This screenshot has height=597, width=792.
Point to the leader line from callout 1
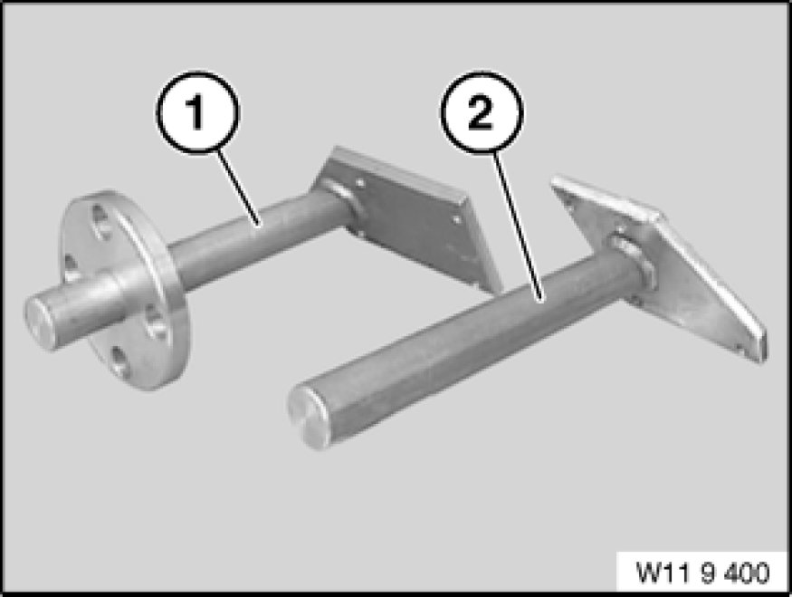coord(239,187)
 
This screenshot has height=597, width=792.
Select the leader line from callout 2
coord(518,226)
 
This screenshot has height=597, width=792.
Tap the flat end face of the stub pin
coord(38,323)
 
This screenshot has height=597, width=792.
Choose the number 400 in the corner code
coord(747,573)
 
